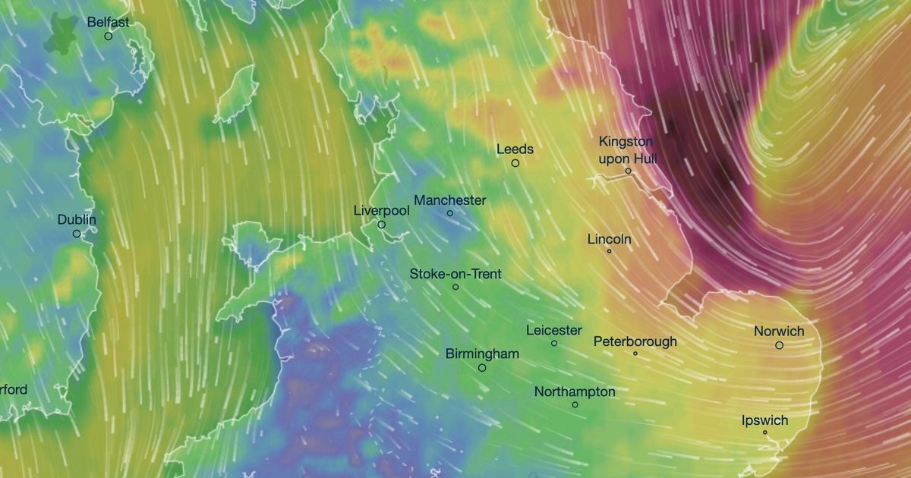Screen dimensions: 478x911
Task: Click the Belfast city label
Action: [108, 23]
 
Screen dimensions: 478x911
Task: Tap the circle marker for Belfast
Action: [108, 36]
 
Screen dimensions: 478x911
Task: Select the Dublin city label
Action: [77, 220]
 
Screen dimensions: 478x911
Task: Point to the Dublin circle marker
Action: [77, 234]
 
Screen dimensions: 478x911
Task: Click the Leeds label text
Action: [515, 149]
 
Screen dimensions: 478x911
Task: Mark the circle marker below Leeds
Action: [515, 163]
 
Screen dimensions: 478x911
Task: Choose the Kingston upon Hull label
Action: [626, 150]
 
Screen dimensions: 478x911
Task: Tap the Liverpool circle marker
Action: [382, 225]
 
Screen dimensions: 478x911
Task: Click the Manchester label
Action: [449, 200]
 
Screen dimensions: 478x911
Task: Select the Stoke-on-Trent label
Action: [455, 274]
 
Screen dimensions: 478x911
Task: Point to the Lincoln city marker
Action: [609, 251]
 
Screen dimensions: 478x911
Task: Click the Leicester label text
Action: [554, 330]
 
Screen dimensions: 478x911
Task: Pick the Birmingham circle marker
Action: [482, 368]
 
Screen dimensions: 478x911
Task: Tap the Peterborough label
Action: [635, 341]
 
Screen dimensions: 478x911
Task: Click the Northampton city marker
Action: [575, 404]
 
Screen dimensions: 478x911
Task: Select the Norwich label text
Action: [779, 332]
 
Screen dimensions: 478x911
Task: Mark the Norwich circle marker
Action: [779, 345]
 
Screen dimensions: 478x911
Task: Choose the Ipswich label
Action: [764, 420]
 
